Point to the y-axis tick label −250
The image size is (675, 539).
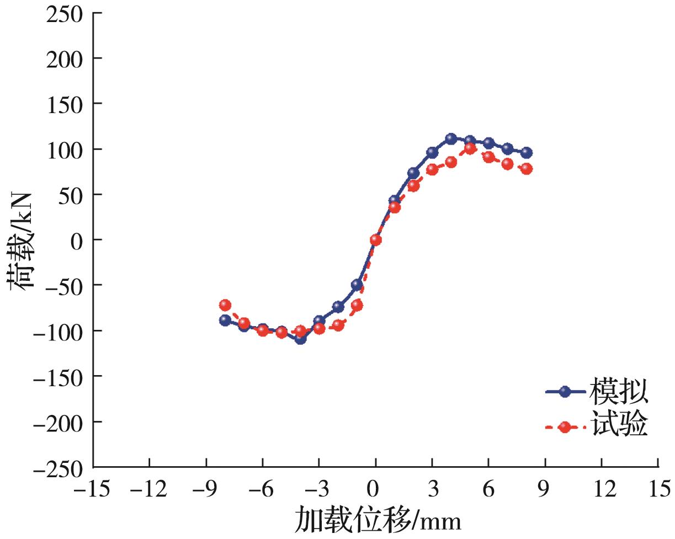[60, 468]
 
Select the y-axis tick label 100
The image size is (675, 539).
[66, 149]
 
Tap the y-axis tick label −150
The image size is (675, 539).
[60, 377]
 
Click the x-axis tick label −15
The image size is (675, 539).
[94, 488]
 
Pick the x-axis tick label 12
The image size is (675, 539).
[602, 488]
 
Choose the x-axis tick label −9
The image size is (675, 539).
[206, 488]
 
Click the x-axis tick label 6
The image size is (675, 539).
[489, 488]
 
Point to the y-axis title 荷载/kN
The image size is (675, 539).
[22, 239]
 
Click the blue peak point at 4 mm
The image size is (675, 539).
[451, 138]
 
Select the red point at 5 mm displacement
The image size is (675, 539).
[470, 148]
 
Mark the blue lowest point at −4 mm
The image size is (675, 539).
[300, 339]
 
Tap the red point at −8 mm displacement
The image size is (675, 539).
[225, 305]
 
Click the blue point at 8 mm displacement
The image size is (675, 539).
[527, 152]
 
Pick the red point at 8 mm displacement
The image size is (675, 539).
[527, 168]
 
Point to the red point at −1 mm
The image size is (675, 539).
[357, 305]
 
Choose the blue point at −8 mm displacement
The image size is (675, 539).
[225, 320]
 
